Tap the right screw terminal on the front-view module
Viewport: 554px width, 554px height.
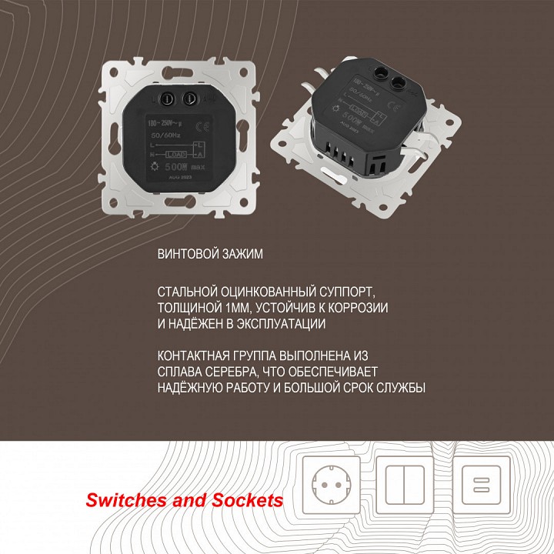pyautogui.click(x=188, y=98)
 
